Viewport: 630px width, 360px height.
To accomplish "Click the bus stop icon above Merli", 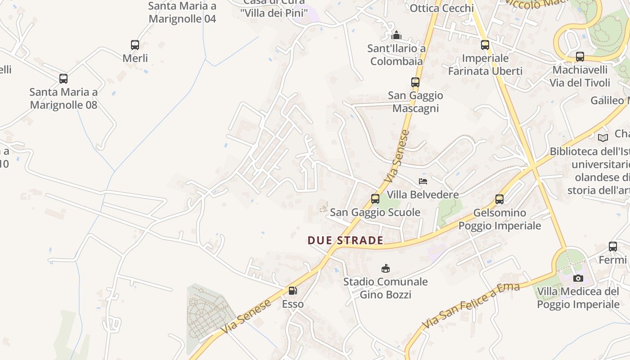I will click(x=135, y=45).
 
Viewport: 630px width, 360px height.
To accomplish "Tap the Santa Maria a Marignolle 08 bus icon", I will click(x=63, y=79).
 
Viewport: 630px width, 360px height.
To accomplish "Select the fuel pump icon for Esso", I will click(x=292, y=291).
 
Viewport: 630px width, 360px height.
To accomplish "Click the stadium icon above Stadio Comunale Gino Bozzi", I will click(x=385, y=269).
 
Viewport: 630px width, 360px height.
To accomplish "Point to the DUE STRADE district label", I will click(x=345, y=240).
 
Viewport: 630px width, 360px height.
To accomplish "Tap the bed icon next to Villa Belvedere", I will click(x=423, y=181).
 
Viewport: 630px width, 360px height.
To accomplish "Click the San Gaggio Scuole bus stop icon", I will click(x=375, y=199).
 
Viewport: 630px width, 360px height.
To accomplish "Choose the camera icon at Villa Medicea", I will click(x=578, y=278).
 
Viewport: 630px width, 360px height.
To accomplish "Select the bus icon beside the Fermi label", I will click(x=613, y=247).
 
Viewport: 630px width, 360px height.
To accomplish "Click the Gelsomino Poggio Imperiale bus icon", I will click(x=499, y=199).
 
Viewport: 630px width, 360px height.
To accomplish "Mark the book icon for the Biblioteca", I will click(x=603, y=138).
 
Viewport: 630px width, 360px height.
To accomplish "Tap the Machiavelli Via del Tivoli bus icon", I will click(x=580, y=57).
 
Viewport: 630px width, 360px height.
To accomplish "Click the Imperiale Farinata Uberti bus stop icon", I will click(x=485, y=45).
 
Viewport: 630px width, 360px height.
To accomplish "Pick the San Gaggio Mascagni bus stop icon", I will click(x=415, y=82).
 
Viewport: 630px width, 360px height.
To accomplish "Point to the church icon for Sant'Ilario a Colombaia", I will click(x=396, y=35).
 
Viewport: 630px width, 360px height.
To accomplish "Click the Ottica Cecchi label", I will click(x=441, y=8).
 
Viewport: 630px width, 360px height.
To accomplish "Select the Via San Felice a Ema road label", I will click(x=471, y=306).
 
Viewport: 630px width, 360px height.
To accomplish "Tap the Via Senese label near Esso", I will click(x=247, y=317).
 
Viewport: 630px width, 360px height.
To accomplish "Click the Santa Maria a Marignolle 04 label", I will click(x=182, y=12).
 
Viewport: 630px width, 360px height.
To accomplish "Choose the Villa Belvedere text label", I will click(x=423, y=194).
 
